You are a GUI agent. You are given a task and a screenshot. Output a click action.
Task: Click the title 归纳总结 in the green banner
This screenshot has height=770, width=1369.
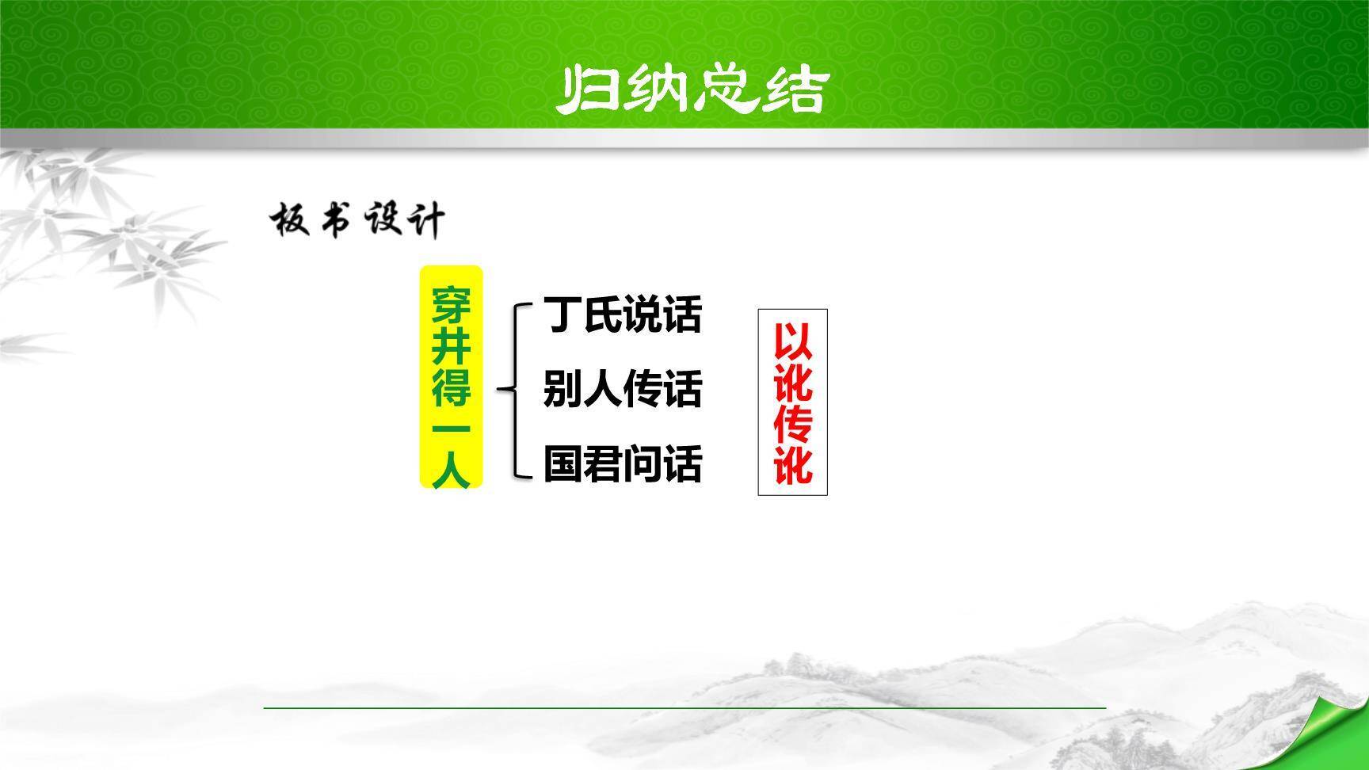[x=690, y=89]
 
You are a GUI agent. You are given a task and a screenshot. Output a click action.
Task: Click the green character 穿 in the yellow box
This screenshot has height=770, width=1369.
[x=451, y=306]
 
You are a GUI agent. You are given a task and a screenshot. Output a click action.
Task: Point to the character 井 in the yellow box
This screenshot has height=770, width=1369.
[x=451, y=346]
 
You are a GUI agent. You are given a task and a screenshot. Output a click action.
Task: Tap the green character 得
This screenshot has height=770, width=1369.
[x=451, y=387]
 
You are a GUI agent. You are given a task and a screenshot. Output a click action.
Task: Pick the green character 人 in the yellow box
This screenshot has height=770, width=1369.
[x=451, y=470]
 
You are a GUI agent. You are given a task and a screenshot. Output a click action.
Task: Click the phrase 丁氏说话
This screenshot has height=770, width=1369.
[x=623, y=314]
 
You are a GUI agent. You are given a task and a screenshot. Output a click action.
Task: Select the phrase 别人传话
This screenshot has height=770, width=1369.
[x=623, y=390]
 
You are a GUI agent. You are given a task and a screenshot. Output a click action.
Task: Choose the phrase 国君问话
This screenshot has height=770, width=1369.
[x=623, y=465]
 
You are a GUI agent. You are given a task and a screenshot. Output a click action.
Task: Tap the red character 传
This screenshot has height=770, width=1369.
[x=793, y=424]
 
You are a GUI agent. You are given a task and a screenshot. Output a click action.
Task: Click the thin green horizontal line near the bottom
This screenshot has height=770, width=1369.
[x=684, y=707]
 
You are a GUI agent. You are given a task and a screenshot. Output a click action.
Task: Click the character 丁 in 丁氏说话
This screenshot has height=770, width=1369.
[x=563, y=314]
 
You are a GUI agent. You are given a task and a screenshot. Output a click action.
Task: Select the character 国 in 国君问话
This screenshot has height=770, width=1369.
[x=563, y=465]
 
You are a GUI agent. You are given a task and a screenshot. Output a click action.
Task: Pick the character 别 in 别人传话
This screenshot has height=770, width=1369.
[x=563, y=390]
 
